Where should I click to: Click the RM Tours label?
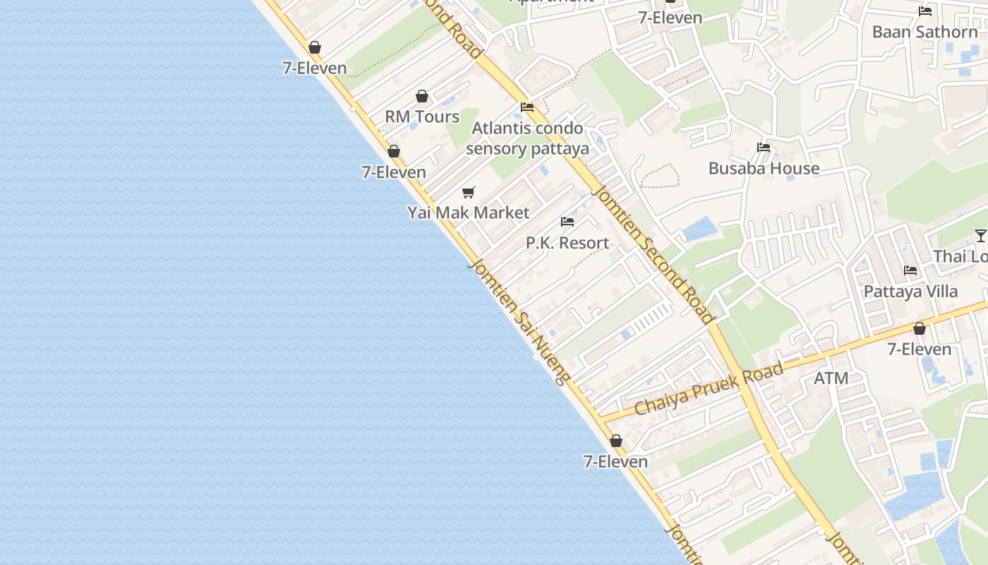422,117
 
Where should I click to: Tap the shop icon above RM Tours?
422,96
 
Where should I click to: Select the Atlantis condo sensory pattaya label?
527,138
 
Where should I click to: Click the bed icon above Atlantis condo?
527,107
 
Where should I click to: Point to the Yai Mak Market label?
469,213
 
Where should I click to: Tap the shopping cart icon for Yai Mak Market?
469,192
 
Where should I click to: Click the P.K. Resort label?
567,243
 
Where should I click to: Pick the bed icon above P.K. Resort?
567,222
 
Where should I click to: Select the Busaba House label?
764,168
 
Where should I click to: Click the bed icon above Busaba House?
764,148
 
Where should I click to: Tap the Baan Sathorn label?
924,32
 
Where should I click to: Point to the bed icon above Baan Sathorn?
925,11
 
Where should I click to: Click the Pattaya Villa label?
910,291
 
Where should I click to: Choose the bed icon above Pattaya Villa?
910,270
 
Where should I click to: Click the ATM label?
831,378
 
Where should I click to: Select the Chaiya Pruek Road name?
709,389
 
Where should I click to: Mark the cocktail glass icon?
980,235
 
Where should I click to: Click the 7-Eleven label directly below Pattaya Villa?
919,349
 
